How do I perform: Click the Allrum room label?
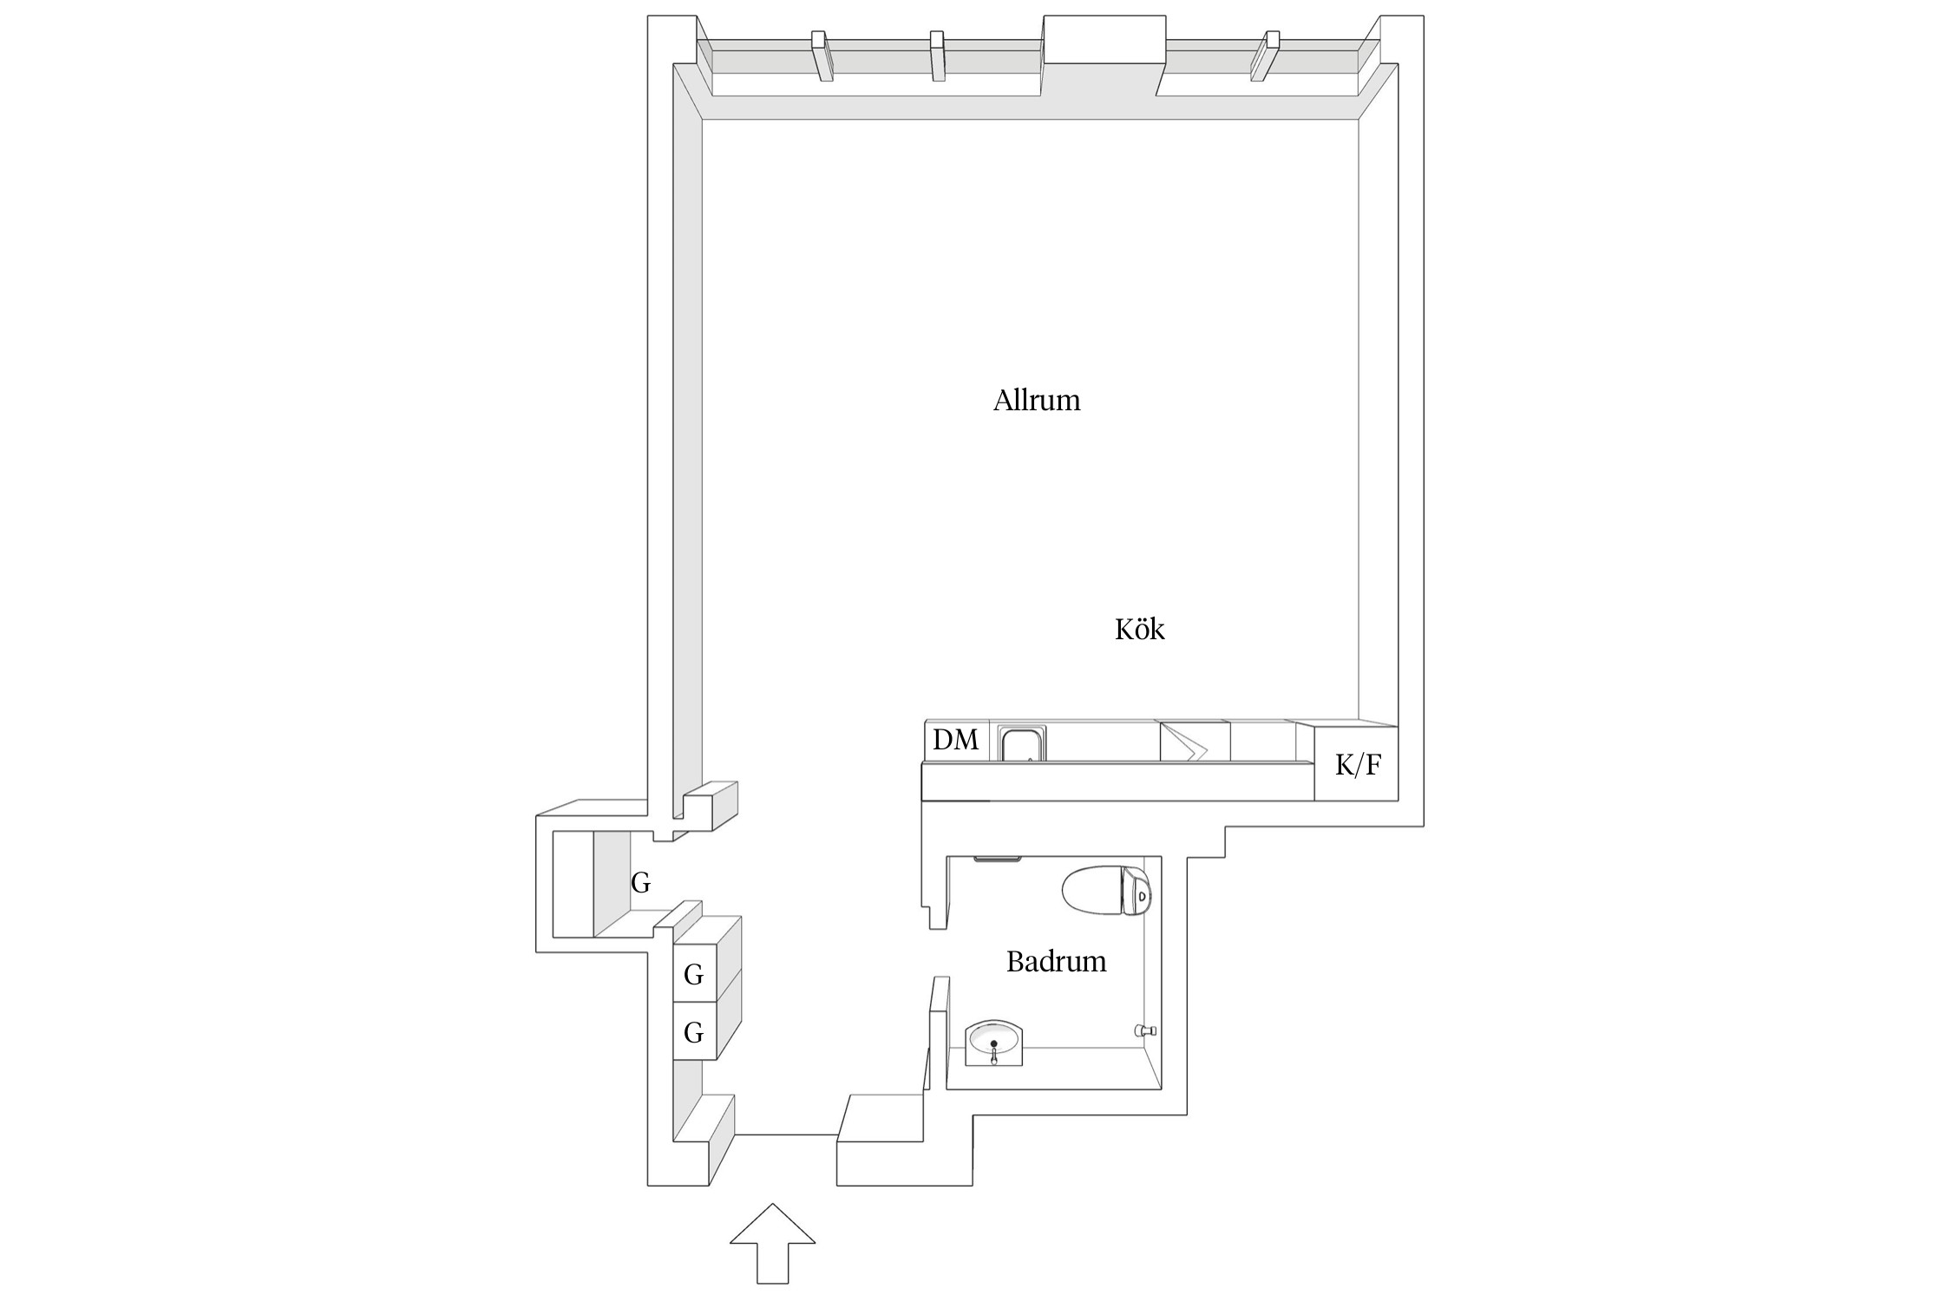click(x=1037, y=401)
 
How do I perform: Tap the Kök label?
click(x=1139, y=629)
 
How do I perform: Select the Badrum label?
click(x=1056, y=961)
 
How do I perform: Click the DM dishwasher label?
click(x=955, y=740)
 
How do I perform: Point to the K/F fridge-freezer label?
click(x=1358, y=765)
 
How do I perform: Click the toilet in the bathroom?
click(x=1107, y=890)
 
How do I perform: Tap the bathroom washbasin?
click(x=994, y=1042)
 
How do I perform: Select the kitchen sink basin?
click(x=1023, y=744)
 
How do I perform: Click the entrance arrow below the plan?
click(x=772, y=1243)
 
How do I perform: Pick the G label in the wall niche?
click(x=640, y=884)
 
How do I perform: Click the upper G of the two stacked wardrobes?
click(x=693, y=975)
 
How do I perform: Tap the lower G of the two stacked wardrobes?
click(x=693, y=1032)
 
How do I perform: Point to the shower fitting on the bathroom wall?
click(x=1146, y=1030)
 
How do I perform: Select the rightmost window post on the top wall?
click(x=1265, y=56)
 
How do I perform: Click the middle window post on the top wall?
click(x=937, y=56)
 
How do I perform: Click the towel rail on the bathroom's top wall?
click(x=999, y=860)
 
